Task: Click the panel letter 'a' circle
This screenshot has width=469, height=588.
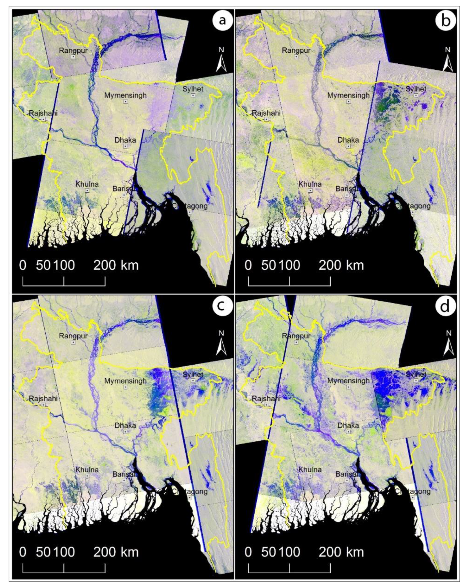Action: tap(222, 20)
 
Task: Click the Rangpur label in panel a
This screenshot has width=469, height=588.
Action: tap(73, 50)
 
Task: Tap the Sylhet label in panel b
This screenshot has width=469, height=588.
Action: tap(416, 89)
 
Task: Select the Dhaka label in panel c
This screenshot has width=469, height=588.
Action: tap(125, 425)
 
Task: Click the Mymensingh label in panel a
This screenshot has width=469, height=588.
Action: tap(125, 95)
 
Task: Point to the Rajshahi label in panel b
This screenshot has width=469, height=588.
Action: tap(266, 113)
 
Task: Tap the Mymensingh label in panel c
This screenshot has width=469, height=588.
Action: tap(125, 381)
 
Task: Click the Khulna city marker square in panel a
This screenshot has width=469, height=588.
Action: tap(87, 190)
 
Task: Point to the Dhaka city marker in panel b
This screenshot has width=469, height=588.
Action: tap(348, 146)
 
